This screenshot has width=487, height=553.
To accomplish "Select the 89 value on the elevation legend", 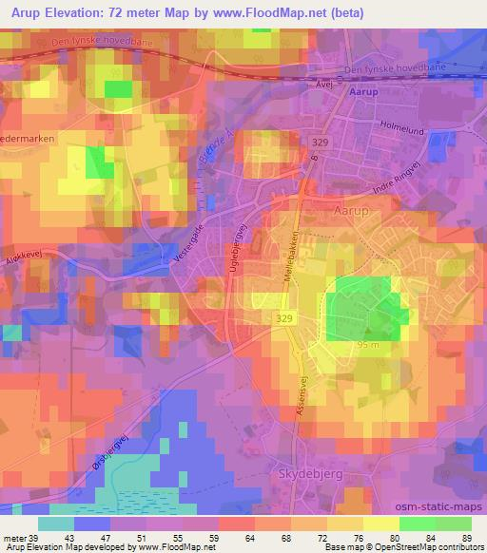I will point(467,538).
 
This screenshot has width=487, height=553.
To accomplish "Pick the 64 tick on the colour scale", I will point(221,538).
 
